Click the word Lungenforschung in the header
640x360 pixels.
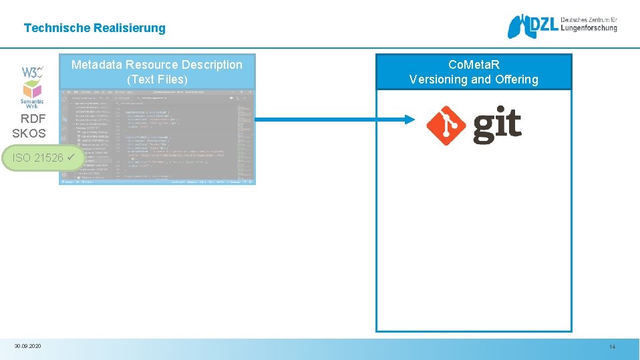click(589, 29)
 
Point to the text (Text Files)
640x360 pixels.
click(157, 79)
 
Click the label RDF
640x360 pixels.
click(33, 119)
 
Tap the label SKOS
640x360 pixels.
click(29, 133)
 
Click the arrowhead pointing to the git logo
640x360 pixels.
click(414, 120)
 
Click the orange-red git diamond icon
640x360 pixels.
click(446, 125)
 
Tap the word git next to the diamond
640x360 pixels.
click(497, 125)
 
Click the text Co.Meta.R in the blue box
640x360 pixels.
click(474, 65)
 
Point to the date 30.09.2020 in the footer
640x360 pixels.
click(27, 346)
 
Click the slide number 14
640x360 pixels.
click(611, 347)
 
